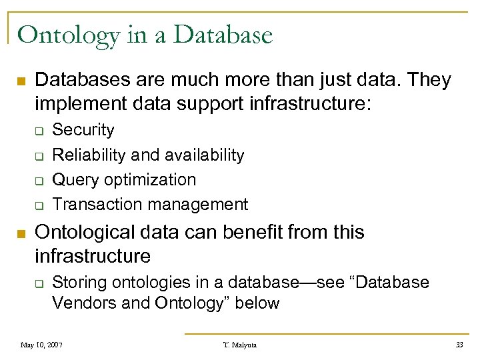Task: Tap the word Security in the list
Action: [x=83, y=130]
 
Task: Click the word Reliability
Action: [x=89, y=155]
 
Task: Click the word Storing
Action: [x=79, y=283]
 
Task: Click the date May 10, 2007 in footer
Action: [x=43, y=345]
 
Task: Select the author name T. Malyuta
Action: [x=239, y=345]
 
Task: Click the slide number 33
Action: [x=459, y=345]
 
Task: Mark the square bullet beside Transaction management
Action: [x=39, y=205]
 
